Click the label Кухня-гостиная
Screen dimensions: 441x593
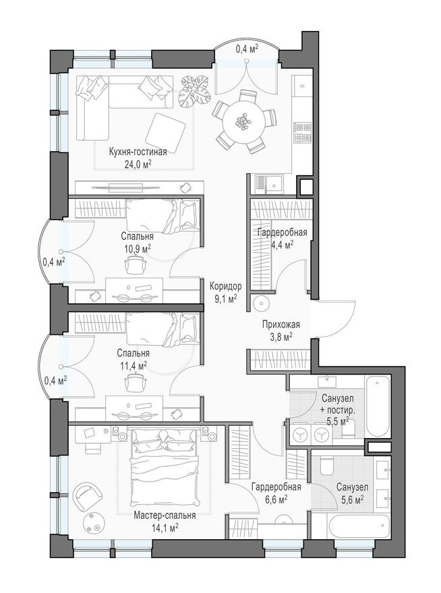138,152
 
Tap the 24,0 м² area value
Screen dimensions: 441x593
138,163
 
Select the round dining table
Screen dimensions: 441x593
243,122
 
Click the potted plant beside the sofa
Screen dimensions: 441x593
195,92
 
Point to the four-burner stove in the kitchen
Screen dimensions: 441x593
302,132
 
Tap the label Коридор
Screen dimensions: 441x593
226,286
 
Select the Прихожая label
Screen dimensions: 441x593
281,325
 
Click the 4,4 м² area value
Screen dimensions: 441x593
282,245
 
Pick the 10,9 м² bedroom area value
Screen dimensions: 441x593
138,248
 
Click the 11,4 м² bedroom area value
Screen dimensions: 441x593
133,365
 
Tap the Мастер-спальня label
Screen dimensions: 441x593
165,516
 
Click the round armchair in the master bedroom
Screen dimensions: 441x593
88,497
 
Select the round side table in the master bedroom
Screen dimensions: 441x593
93,524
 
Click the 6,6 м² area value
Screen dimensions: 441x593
276,499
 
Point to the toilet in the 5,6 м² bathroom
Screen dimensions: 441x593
326,466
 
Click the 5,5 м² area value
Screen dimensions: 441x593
338,422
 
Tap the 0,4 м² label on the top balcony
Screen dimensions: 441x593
247,48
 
